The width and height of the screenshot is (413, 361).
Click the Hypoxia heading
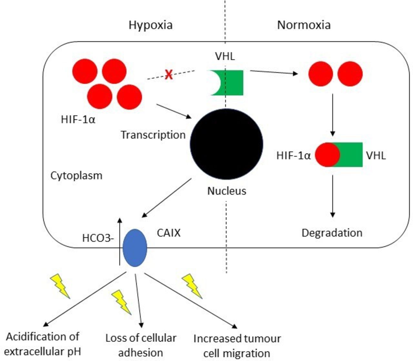(151, 25)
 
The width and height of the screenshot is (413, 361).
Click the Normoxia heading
(304, 25)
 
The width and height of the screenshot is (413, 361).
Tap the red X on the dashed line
(169, 75)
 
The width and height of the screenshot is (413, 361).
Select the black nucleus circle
(227, 144)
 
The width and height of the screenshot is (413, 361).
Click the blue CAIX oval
(135, 248)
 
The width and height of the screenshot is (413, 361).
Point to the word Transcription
(153, 135)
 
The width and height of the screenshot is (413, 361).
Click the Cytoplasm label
(76, 176)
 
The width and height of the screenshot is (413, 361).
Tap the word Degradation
(332, 233)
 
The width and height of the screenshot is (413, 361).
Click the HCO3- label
(98, 238)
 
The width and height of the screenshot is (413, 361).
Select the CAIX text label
(168, 233)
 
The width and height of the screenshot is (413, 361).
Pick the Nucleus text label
(227, 191)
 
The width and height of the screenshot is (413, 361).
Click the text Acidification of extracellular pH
(43, 344)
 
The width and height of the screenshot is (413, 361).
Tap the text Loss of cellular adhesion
(141, 345)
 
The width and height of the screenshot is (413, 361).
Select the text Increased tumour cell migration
(237, 346)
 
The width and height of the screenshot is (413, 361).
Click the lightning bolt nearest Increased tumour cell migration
(192, 286)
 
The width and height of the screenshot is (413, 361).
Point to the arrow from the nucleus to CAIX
(166, 198)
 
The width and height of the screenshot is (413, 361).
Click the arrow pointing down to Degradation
(333, 196)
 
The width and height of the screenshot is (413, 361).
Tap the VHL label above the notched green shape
(225, 56)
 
